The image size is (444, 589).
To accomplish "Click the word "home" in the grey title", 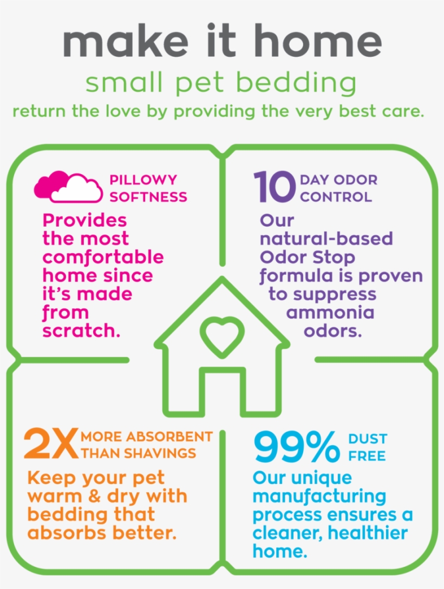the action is (x=318, y=41).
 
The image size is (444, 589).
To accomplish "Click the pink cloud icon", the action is (x=68, y=187).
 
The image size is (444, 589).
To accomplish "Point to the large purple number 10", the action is (x=274, y=186).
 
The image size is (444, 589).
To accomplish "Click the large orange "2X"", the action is (x=51, y=444).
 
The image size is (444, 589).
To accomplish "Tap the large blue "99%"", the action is (x=297, y=446).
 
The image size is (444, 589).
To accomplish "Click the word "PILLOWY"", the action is (x=143, y=180).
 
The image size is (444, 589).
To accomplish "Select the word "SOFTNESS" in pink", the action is (x=148, y=197).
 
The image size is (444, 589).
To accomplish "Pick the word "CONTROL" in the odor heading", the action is (x=336, y=197).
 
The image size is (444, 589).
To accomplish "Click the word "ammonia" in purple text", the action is (x=330, y=313).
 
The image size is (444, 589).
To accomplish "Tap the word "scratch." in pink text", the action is (x=81, y=330).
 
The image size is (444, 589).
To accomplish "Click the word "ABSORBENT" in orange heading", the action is (x=169, y=436).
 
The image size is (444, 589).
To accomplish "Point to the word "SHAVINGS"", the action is (x=160, y=453).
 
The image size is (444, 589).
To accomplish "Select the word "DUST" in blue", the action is (x=368, y=439).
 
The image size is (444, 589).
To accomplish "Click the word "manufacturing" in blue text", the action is (x=319, y=497).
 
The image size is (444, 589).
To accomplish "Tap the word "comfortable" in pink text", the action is (x=103, y=257).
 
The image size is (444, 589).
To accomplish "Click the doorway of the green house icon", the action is (x=222, y=391).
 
